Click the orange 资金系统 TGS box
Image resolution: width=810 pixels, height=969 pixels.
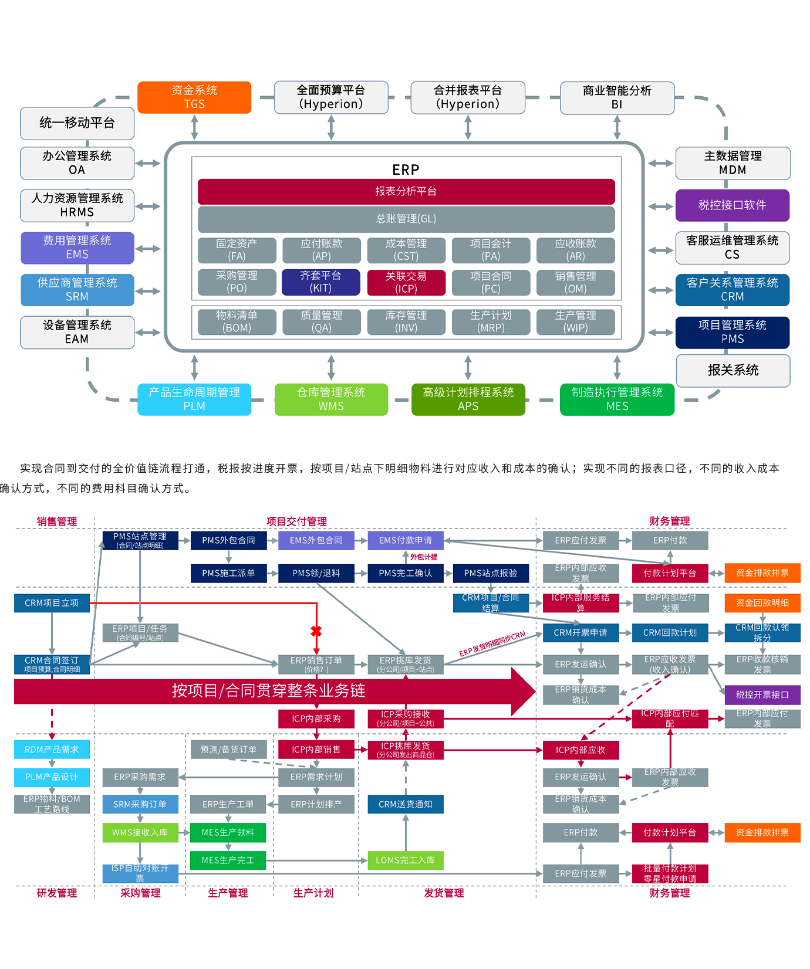194,97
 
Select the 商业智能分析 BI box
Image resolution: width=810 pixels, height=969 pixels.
617,97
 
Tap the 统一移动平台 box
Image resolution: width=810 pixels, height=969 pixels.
77,123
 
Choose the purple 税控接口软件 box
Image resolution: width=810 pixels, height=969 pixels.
732,205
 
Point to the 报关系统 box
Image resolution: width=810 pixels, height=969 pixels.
733,370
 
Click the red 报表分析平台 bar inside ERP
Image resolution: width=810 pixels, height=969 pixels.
406,192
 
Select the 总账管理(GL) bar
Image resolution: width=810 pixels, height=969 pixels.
406,219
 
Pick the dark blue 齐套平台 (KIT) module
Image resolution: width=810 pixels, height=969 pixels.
321,282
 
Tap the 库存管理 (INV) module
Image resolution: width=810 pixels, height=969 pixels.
406,322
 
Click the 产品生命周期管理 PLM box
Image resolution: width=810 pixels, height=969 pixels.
194,399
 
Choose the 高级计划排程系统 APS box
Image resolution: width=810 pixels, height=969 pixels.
468,399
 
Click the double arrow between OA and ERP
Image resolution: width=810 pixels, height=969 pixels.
148,163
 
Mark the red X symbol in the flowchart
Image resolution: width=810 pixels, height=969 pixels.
316,631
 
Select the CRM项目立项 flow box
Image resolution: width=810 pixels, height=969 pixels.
52,603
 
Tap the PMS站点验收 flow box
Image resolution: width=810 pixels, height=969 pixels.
491,573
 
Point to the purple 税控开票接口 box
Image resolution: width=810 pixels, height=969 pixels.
762,695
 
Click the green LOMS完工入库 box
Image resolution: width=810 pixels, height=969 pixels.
406,860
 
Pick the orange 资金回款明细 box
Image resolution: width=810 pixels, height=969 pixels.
762,603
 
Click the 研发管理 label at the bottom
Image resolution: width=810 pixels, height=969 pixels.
57,893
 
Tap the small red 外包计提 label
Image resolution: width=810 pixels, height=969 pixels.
424,557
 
